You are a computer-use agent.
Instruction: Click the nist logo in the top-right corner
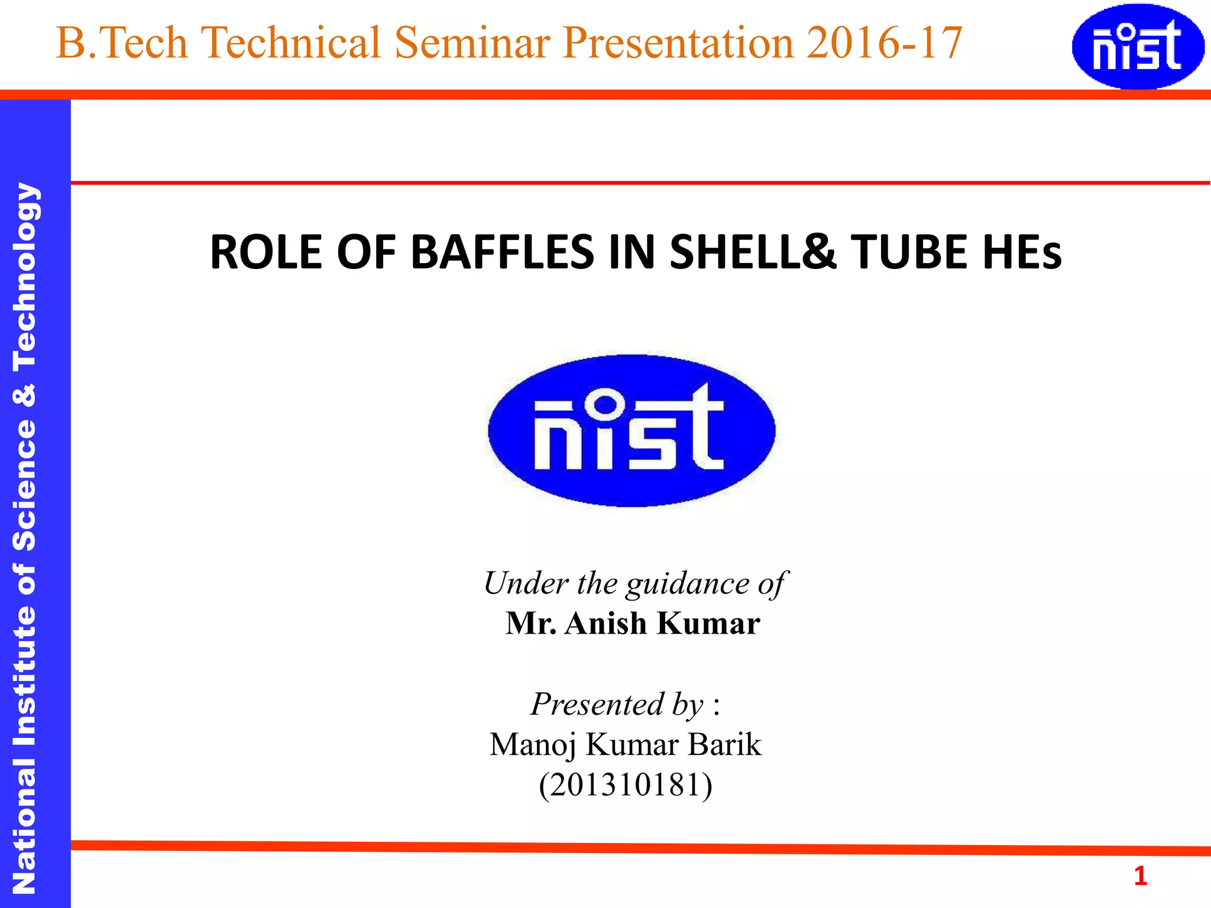click(1138, 47)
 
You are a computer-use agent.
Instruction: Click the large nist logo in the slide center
click(632, 430)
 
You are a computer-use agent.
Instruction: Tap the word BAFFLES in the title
click(502, 252)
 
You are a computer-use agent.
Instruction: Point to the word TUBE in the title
click(911, 252)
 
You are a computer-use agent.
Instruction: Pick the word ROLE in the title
click(266, 252)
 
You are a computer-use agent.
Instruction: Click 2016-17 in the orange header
click(885, 43)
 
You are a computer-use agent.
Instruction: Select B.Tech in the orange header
click(121, 43)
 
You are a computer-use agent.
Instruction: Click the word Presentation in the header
click(678, 43)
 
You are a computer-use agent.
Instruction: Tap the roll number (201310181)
click(626, 785)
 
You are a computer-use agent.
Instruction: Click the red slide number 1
click(1140, 876)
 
